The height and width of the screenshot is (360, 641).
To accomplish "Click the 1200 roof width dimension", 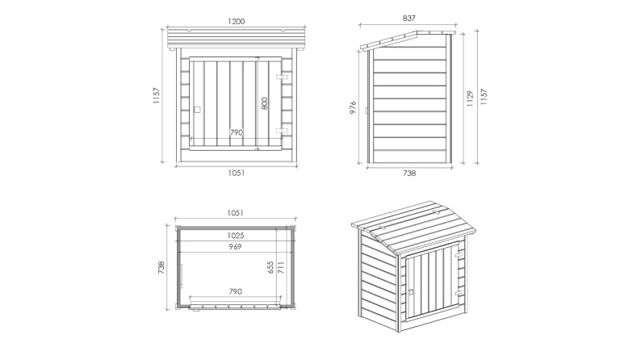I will click(x=236, y=22).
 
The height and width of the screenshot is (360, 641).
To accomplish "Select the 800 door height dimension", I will click(x=264, y=103).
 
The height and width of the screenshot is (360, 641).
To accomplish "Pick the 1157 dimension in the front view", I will click(x=157, y=98).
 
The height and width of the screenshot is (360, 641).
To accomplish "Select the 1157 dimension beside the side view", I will click(x=483, y=98).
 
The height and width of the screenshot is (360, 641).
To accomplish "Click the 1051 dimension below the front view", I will click(x=236, y=172).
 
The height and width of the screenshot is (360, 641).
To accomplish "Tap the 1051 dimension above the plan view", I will click(x=236, y=213).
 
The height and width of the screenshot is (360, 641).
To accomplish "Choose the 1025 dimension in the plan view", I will click(x=236, y=235).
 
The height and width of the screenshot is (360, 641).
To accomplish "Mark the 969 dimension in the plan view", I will click(x=236, y=246).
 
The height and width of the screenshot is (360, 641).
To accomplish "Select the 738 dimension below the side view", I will click(x=408, y=172).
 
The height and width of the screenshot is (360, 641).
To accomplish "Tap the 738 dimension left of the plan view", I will click(x=162, y=266).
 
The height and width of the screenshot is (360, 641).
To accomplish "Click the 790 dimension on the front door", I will click(x=236, y=132).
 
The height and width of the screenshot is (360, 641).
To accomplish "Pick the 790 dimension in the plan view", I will click(x=236, y=291).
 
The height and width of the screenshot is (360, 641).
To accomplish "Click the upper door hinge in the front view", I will click(x=282, y=77).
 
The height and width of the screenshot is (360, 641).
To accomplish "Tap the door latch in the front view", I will click(x=197, y=107).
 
